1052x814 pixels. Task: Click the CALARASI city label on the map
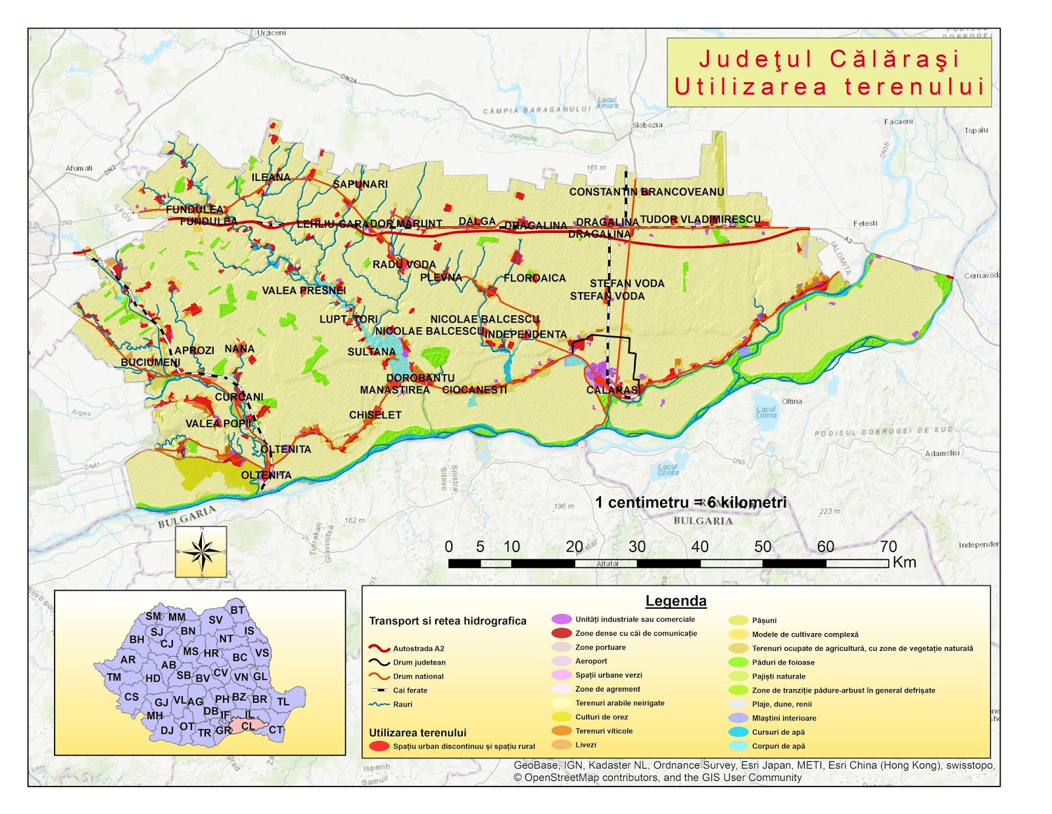(x=612, y=390)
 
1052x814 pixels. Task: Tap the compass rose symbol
(x=201, y=551)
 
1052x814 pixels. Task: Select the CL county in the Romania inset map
(x=249, y=726)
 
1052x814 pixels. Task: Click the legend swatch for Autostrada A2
(x=379, y=648)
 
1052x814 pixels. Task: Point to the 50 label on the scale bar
(x=763, y=547)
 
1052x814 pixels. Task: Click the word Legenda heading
(x=675, y=601)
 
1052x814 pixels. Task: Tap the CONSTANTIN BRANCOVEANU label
(x=646, y=192)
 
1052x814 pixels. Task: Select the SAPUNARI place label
(x=360, y=184)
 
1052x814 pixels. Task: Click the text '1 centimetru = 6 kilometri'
(x=690, y=503)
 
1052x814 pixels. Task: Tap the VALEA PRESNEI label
(x=304, y=290)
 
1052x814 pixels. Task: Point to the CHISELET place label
(x=375, y=415)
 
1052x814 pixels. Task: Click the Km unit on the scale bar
(x=904, y=563)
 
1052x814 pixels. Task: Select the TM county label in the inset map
(x=114, y=677)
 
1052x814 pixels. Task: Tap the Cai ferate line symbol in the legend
(x=379, y=690)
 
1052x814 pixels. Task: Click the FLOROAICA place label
(x=535, y=278)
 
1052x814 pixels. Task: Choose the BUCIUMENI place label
(x=150, y=363)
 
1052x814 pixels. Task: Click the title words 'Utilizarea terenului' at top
(x=829, y=87)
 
